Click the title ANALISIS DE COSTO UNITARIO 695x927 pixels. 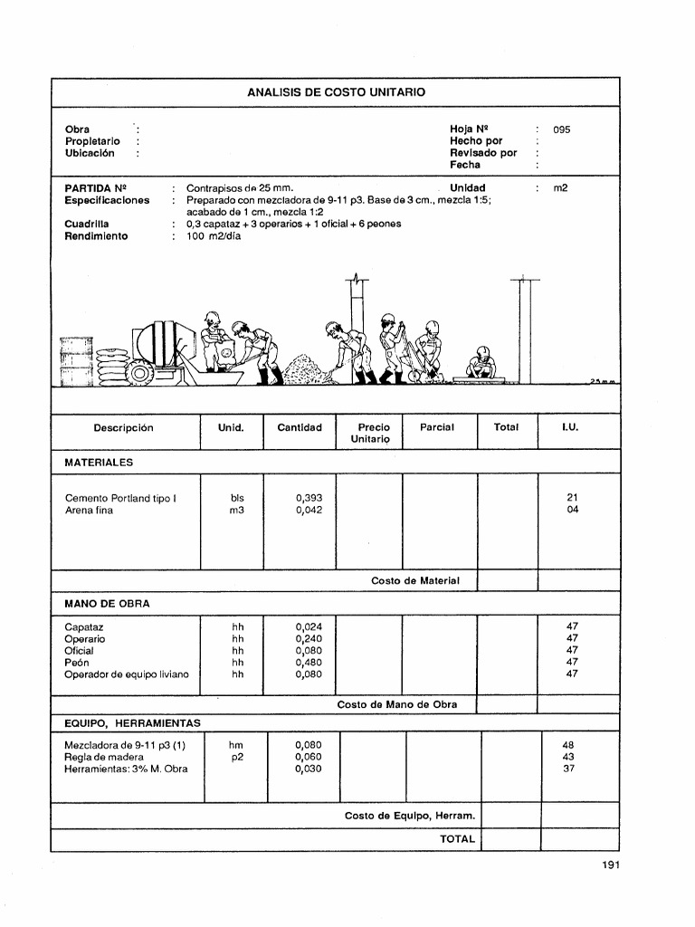point(336,92)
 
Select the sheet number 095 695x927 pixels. point(562,129)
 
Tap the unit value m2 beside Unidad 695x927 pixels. point(560,188)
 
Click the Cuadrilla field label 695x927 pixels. point(87,224)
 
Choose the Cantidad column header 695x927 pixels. point(300,427)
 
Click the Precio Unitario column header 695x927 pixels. point(374,433)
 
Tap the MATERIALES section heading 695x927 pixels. point(99,462)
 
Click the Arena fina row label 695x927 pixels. point(90,510)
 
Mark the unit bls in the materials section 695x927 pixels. point(237,498)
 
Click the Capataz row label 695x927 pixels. point(84,626)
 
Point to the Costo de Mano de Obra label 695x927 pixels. point(397,703)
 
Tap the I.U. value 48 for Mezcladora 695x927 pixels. point(569,745)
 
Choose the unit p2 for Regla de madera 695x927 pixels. point(237,757)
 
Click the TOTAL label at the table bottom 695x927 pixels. point(457,839)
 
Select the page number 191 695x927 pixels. point(610,865)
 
